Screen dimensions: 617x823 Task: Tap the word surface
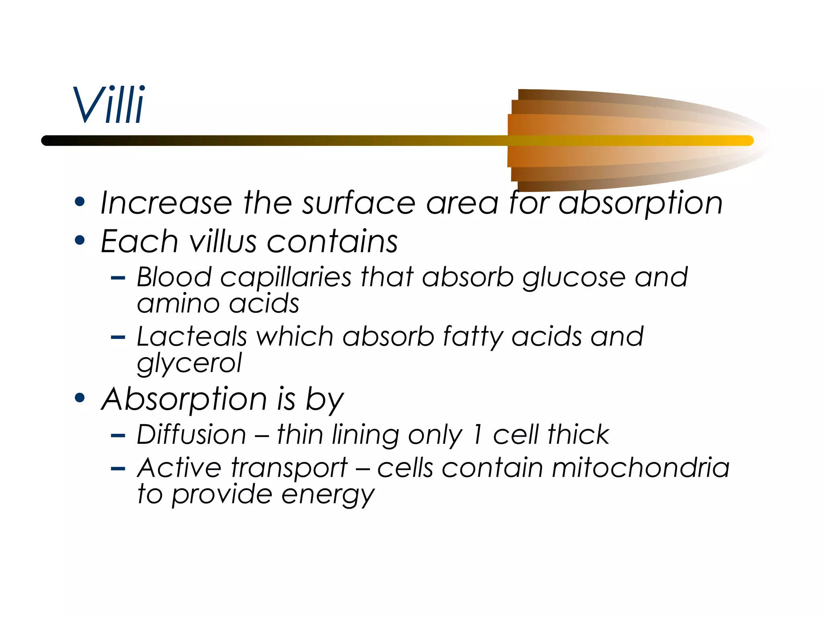tap(358, 203)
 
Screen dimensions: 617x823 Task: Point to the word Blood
tap(174, 277)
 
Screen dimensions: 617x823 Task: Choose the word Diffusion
tap(191, 435)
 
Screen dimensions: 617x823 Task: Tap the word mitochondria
tap(641, 468)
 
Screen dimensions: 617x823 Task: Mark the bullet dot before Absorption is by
tap(80, 398)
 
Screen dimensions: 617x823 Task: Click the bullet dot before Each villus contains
tap(80, 241)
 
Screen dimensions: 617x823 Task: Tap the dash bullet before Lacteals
tap(118, 337)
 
